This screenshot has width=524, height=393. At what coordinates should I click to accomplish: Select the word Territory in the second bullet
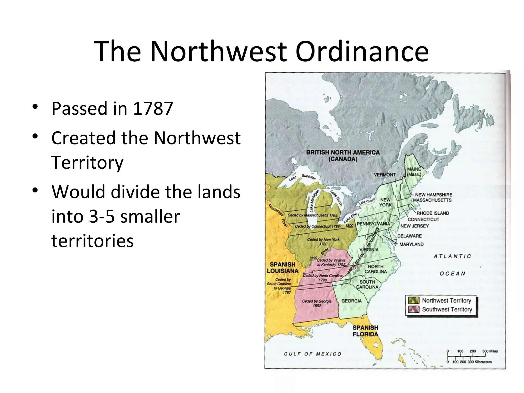point(87,162)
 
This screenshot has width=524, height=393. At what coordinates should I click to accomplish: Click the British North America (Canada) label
point(343,156)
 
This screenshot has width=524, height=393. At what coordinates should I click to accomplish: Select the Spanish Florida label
point(365,331)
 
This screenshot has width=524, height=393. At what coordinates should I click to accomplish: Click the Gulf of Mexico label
point(313,354)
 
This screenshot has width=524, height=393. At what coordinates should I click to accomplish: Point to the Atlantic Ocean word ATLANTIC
point(452,256)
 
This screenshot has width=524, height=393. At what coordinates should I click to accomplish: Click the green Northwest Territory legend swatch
point(414,300)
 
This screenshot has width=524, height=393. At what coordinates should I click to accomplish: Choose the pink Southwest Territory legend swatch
point(414,309)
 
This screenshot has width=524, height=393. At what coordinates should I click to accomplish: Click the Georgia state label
point(352,301)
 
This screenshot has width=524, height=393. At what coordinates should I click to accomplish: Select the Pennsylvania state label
point(373,224)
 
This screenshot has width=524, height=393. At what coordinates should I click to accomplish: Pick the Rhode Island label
point(433,213)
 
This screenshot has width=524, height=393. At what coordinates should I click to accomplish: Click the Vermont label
point(385,175)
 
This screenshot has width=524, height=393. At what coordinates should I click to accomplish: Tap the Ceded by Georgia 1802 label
point(316,303)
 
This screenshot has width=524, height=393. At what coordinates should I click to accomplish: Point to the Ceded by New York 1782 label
point(323,242)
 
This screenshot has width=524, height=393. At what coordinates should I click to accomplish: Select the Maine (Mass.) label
point(414,172)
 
